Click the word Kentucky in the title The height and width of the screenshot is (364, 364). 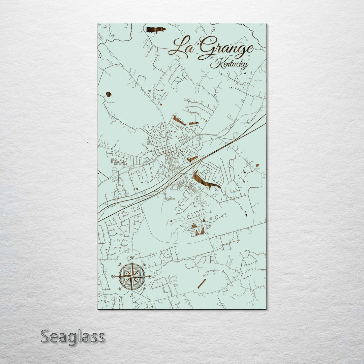point(229,64)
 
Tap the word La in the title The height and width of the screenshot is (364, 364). point(182,47)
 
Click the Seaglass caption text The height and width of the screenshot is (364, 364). point(72,337)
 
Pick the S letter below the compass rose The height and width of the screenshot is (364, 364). point(132,295)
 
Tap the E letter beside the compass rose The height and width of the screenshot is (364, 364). point(150,277)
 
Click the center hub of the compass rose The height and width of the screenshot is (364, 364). point(132,277)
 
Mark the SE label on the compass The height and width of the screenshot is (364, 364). point(144,289)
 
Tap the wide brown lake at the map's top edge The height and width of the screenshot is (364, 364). point(156,30)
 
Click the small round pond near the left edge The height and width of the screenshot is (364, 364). point(109,94)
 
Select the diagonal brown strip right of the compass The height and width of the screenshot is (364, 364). point(202,284)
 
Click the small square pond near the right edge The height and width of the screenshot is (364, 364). point(257,165)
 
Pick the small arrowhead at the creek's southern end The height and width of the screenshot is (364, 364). point(246,214)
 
